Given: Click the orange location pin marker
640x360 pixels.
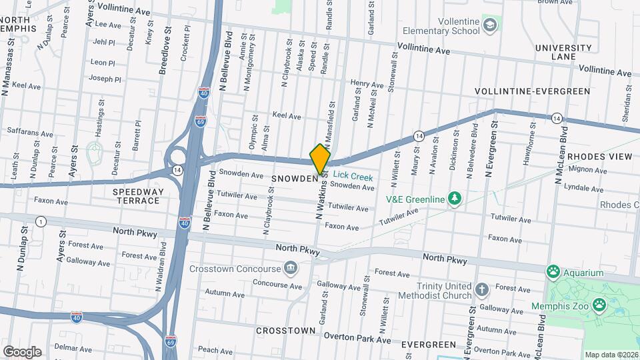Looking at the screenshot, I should coord(320,159).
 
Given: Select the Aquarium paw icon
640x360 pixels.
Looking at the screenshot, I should coord(553,272).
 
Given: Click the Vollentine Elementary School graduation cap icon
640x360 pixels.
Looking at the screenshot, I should coord(491,25).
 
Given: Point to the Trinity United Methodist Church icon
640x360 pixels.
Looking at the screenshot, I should coord(483,290).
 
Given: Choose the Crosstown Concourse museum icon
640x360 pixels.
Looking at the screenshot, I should coord(291,269).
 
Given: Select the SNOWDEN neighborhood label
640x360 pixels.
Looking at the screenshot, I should coord(294,179).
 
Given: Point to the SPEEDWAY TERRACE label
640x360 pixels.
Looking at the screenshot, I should coord(137,196).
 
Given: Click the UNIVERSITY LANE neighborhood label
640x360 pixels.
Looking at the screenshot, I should coord(563,52).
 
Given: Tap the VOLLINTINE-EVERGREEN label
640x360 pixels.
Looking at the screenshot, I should coord(532,91).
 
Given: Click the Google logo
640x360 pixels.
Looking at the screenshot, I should coord(22,351).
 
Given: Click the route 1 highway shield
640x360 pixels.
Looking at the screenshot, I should coord(41,221).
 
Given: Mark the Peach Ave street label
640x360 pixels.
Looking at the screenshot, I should coord(215,349).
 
